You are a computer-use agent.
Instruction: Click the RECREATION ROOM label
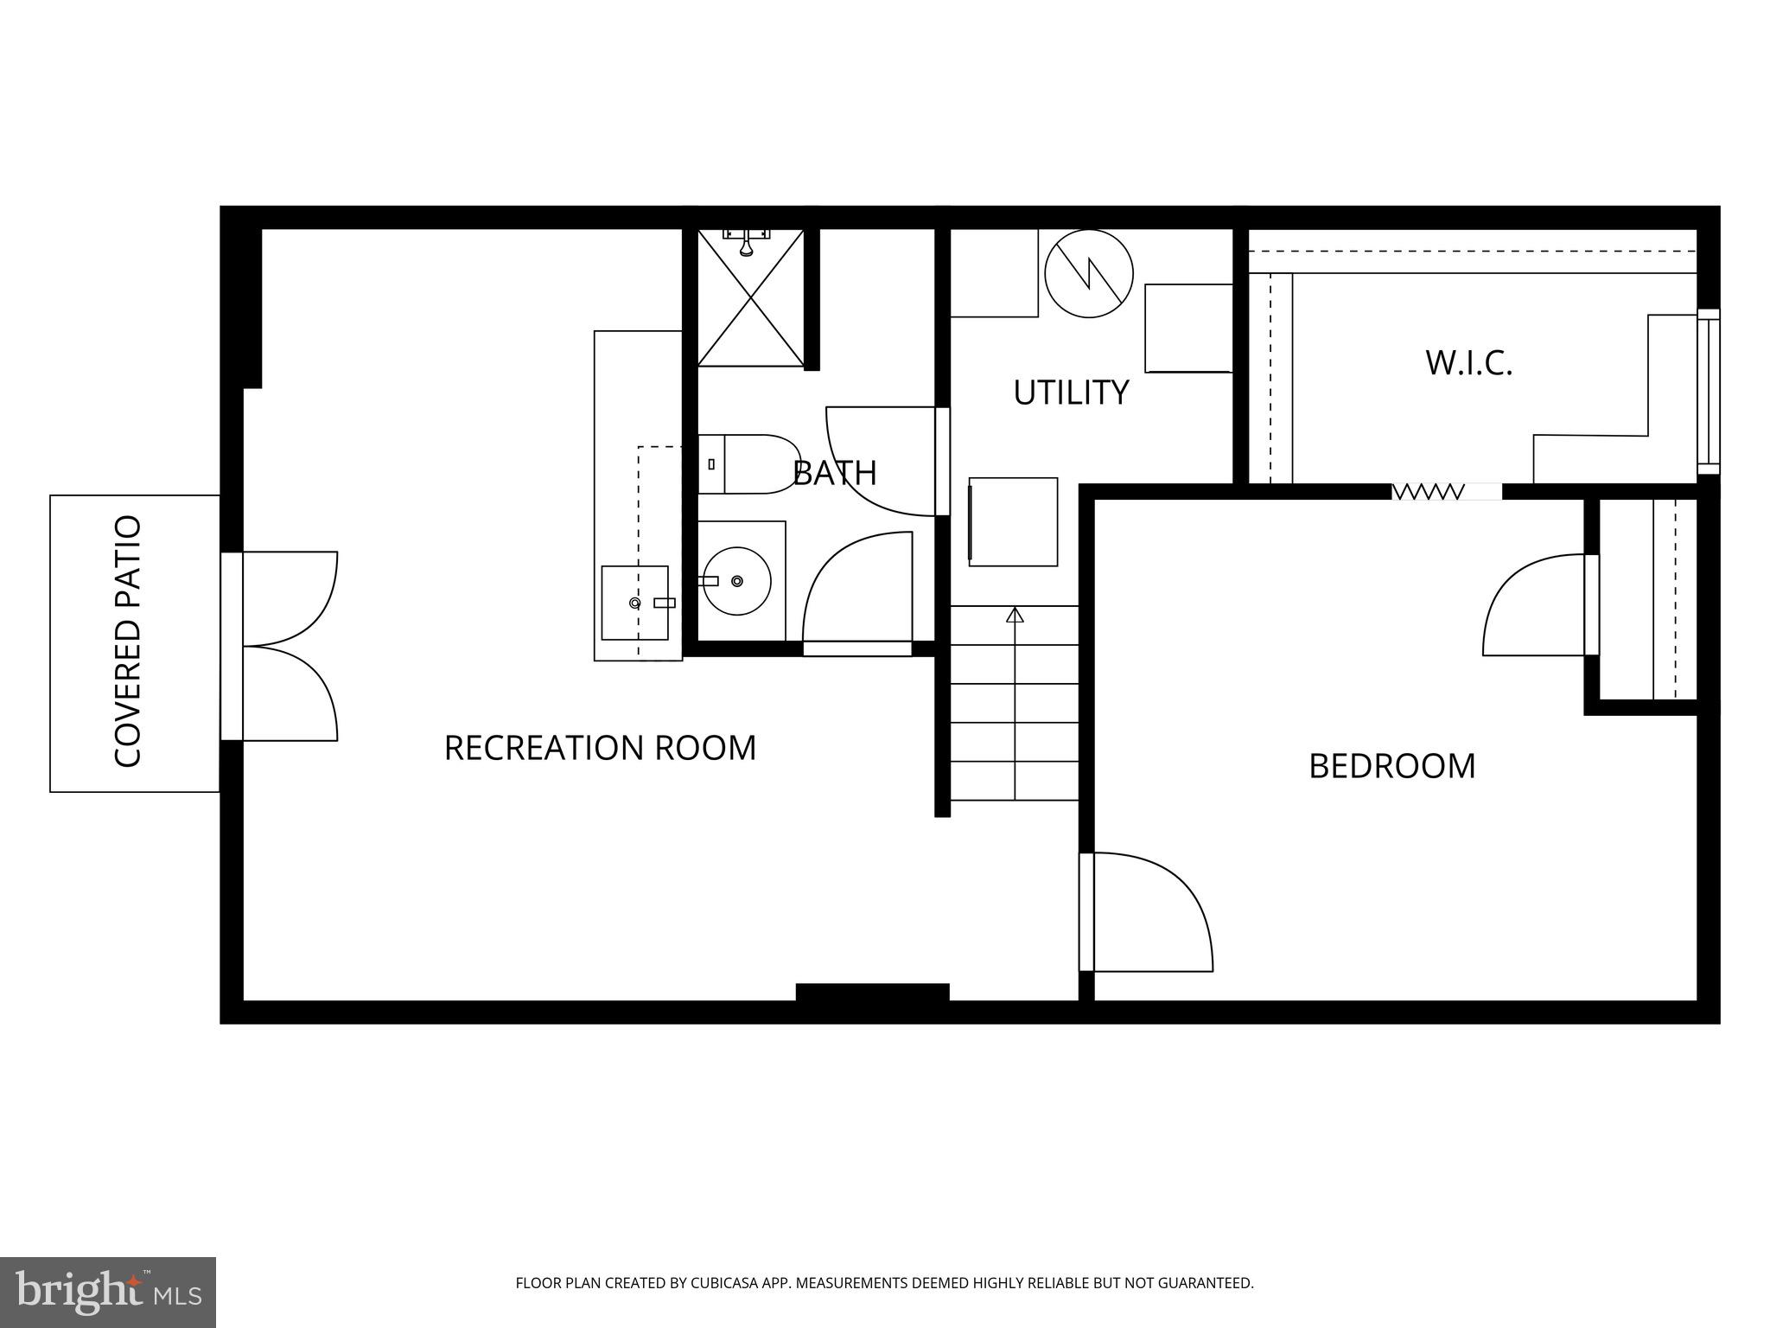600,748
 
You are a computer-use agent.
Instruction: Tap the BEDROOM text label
1391,766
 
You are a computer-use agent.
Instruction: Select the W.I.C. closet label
1468,363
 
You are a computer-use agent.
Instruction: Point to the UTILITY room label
1071,393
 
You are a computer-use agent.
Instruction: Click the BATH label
835,473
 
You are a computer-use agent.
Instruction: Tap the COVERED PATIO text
128,642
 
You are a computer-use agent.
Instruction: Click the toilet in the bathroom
750,464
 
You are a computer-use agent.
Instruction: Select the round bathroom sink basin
736,581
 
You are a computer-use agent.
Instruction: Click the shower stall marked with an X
750,298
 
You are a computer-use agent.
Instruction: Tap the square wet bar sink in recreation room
634,603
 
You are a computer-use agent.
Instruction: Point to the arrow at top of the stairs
1015,615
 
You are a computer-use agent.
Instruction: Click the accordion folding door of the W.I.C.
1428,492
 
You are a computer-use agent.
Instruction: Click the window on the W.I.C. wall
1708,391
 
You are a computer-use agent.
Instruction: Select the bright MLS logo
108,1293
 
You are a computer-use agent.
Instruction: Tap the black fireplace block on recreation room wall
872,993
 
